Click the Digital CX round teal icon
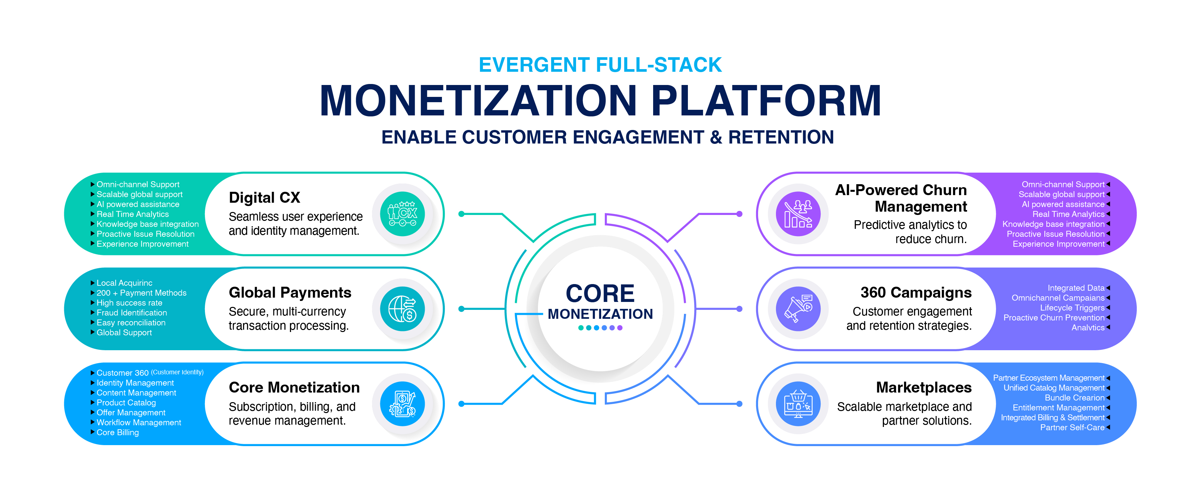tap(402, 214)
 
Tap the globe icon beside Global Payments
tap(402, 309)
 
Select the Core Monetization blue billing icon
tap(402, 404)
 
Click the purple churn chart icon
tap(798, 214)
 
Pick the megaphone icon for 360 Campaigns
tap(798, 309)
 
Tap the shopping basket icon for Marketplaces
tap(798, 404)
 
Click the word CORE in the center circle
tap(600, 293)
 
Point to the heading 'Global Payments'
tap(290, 292)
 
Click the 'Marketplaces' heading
tap(924, 388)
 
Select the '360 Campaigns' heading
tap(916, 292)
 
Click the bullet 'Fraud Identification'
tap(131, 313)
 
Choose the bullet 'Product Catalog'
tap(126, 402)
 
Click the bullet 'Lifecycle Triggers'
tap(1072, 308)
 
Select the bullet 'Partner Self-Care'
tap(1072, 428)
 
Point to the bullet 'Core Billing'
tap(118, 432)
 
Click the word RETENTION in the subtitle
tap(781, 137)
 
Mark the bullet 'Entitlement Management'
tap(1058, 407)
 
